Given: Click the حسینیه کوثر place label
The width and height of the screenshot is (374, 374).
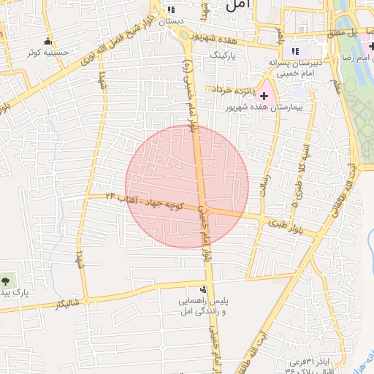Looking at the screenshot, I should click(48, 53).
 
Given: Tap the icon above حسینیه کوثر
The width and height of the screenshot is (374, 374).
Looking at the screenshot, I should click(48, 42).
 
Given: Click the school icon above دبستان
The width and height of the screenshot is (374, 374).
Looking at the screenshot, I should click(171, 10).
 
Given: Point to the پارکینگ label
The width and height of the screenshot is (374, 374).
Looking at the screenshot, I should click(224, 55).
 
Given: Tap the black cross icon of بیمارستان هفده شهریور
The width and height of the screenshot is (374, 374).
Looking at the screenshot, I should click(264, 96).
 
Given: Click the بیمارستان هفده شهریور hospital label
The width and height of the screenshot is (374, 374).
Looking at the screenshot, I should click(286, 107).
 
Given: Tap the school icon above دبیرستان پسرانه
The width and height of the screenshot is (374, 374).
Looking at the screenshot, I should click(296, 51).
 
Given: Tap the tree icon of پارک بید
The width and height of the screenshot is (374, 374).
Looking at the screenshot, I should click(7, 279).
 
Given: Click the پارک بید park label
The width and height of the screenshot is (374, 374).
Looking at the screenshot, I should click(13, 293).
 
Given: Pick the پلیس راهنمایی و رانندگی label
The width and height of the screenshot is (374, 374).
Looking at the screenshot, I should click(205, 307).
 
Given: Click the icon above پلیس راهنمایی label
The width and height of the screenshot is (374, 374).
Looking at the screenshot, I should click(204, 289).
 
